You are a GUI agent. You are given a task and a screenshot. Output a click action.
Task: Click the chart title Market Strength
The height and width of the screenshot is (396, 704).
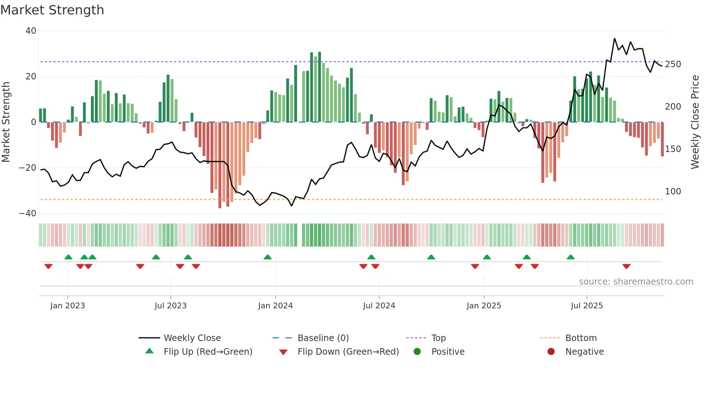tap(52, 10)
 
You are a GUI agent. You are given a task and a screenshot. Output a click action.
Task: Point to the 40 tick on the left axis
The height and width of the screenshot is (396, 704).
tap(31, 31)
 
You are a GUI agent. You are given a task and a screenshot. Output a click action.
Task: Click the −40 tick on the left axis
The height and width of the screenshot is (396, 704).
tap(28, 213)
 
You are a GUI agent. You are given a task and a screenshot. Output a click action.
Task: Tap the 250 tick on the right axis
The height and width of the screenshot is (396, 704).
tap(673, 64)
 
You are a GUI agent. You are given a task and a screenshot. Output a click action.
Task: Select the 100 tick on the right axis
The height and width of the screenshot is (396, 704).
tap(673, 192)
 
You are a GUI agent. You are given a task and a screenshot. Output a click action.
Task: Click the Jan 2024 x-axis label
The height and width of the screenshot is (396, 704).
tap(275, 306)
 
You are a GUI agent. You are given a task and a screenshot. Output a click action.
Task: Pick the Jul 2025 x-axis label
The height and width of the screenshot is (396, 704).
tap(587, 306)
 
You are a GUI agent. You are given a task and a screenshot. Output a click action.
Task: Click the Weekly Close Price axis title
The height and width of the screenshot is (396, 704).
tap(695, 122)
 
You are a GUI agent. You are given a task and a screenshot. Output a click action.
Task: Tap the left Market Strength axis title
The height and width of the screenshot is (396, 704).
tap(6, 122)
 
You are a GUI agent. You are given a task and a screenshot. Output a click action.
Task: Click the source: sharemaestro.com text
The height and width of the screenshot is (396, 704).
tap(636, 282)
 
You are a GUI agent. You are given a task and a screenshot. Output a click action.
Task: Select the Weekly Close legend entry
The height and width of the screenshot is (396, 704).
tap(192, 338)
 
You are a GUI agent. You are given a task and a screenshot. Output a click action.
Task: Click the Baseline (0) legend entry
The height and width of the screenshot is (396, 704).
tap(323, 338)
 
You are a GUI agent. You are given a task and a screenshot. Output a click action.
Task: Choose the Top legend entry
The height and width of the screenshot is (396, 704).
tap(438, 338)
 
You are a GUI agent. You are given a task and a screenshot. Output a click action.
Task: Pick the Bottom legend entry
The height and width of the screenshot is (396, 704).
tap(581, 338)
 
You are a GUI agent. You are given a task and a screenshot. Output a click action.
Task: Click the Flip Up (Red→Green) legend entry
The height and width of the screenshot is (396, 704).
tap(208, 352)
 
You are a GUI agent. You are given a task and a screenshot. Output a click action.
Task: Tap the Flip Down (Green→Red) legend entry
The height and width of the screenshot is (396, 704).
tap(348, 352)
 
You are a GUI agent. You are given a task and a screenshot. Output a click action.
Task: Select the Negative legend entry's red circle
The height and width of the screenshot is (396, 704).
tap(551, 352)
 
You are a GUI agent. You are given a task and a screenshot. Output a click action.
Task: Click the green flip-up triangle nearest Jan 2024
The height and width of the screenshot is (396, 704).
tap(268, 257)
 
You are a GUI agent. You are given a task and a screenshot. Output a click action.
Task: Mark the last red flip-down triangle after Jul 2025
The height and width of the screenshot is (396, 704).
tap(626, 266)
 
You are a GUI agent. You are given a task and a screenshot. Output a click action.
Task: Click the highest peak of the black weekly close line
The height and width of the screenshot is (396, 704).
tap(615, 38)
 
